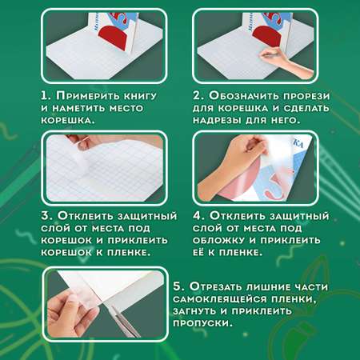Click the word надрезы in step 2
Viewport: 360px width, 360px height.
click(217, 120)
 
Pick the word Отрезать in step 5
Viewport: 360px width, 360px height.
click(214, 287)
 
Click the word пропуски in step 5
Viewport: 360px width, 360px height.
click(202, 323)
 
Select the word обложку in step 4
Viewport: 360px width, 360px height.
click(218, 240)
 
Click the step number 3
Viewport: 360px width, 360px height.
click(46, 216)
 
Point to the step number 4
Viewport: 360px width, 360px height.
click(198, 216)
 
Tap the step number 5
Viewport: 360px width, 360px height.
click(178, 287)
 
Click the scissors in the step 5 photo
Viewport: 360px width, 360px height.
click(124, 321)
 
